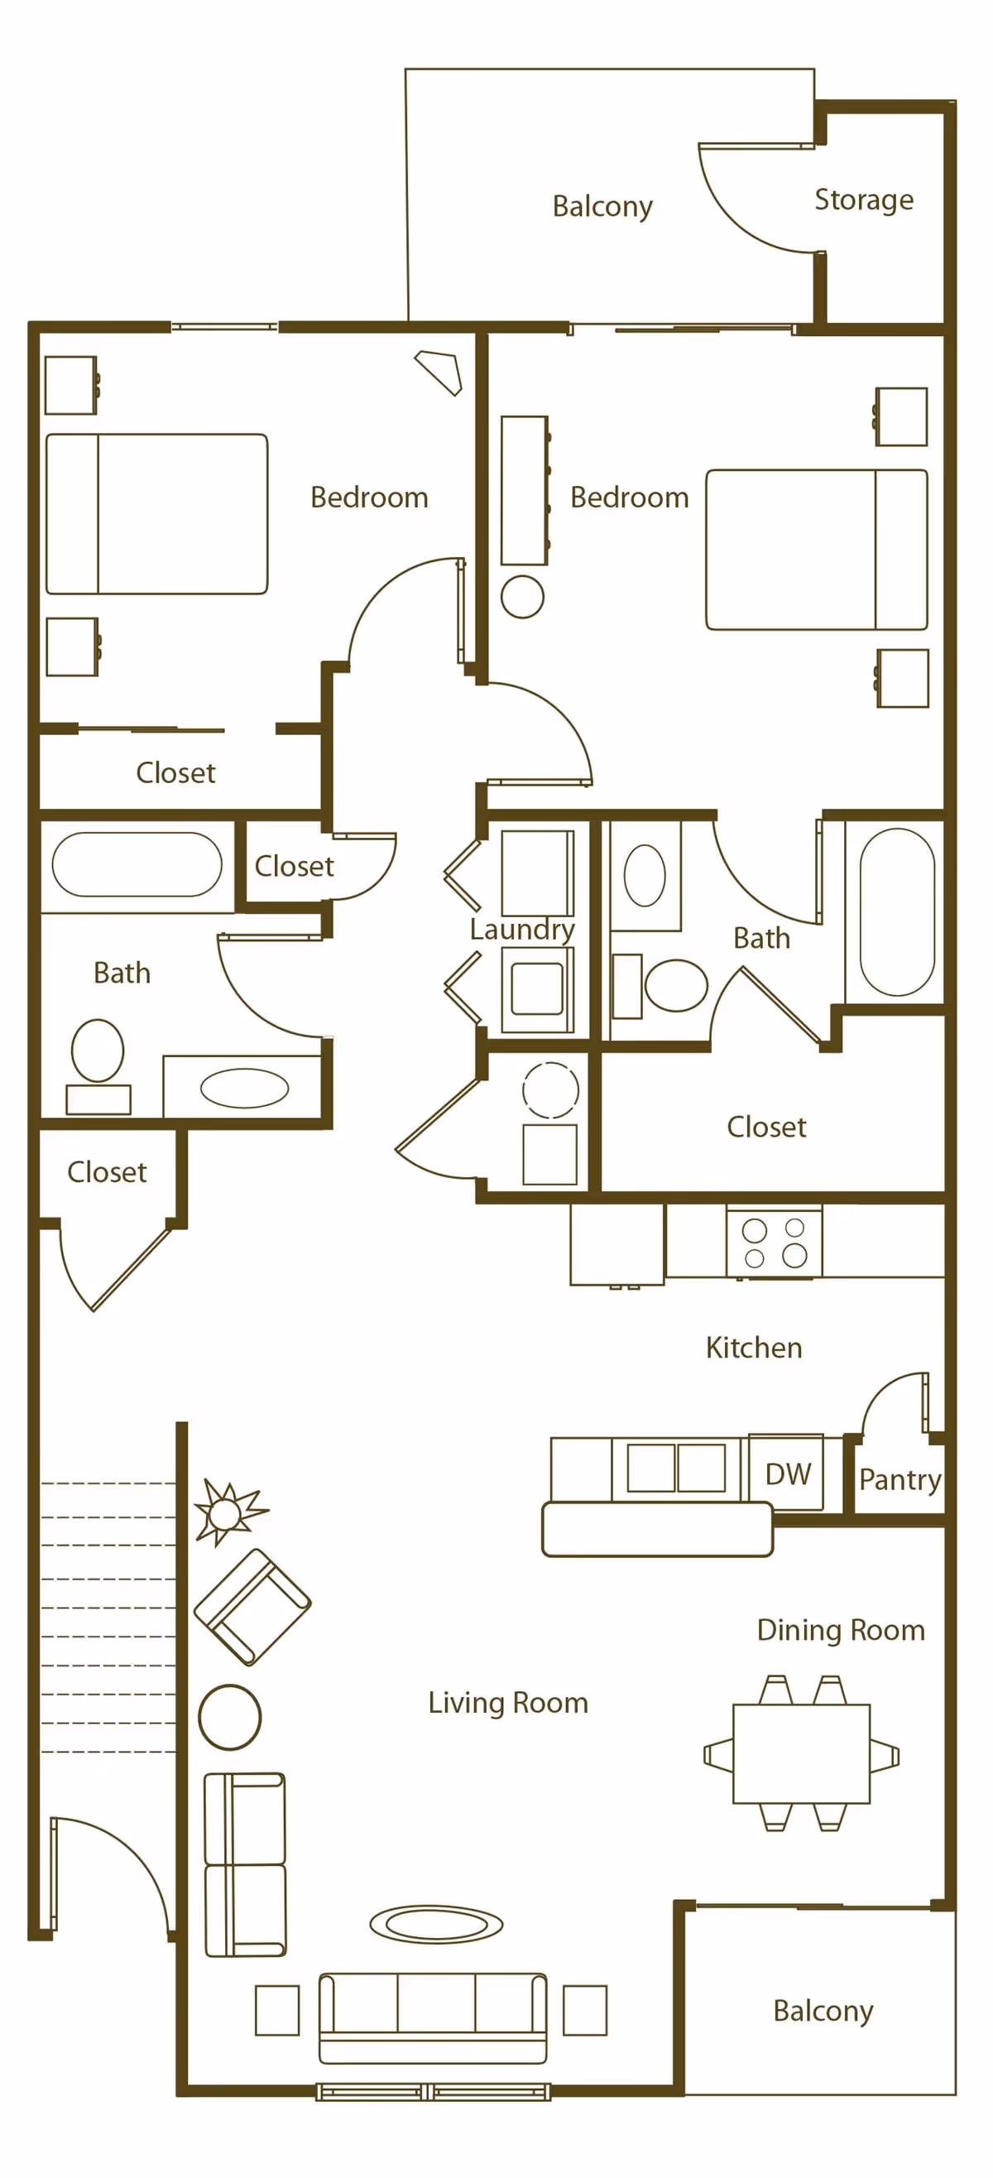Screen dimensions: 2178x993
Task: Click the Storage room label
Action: (863, 200)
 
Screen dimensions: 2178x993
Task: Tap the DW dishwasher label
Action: (787, 1474)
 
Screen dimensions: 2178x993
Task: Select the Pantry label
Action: (899, 1478)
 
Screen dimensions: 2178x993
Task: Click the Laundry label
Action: (521, 929)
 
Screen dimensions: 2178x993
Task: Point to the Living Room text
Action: (508, 1702)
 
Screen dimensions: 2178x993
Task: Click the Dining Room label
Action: (840, 1629)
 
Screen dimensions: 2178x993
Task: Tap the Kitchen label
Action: (753, 1347)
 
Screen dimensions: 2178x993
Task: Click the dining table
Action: (800, 1753)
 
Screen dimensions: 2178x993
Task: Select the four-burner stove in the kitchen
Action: (773, 1243)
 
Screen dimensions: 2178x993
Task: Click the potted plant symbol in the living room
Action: (226, 1512)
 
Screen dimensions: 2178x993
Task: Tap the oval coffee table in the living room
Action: (436, 1925)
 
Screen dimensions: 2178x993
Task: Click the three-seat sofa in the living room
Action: (433, 2017)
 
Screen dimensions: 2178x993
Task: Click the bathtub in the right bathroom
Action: (897, 911)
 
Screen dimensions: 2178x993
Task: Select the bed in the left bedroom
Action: (156, 514)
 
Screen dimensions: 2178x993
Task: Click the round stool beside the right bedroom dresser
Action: (522, 597)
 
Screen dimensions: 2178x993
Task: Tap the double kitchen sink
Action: (675, 1468)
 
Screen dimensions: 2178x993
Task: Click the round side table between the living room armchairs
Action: (230, 1717)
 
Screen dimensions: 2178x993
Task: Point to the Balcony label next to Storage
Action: (602, 206)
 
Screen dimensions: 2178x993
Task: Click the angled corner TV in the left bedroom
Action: (439, 371)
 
